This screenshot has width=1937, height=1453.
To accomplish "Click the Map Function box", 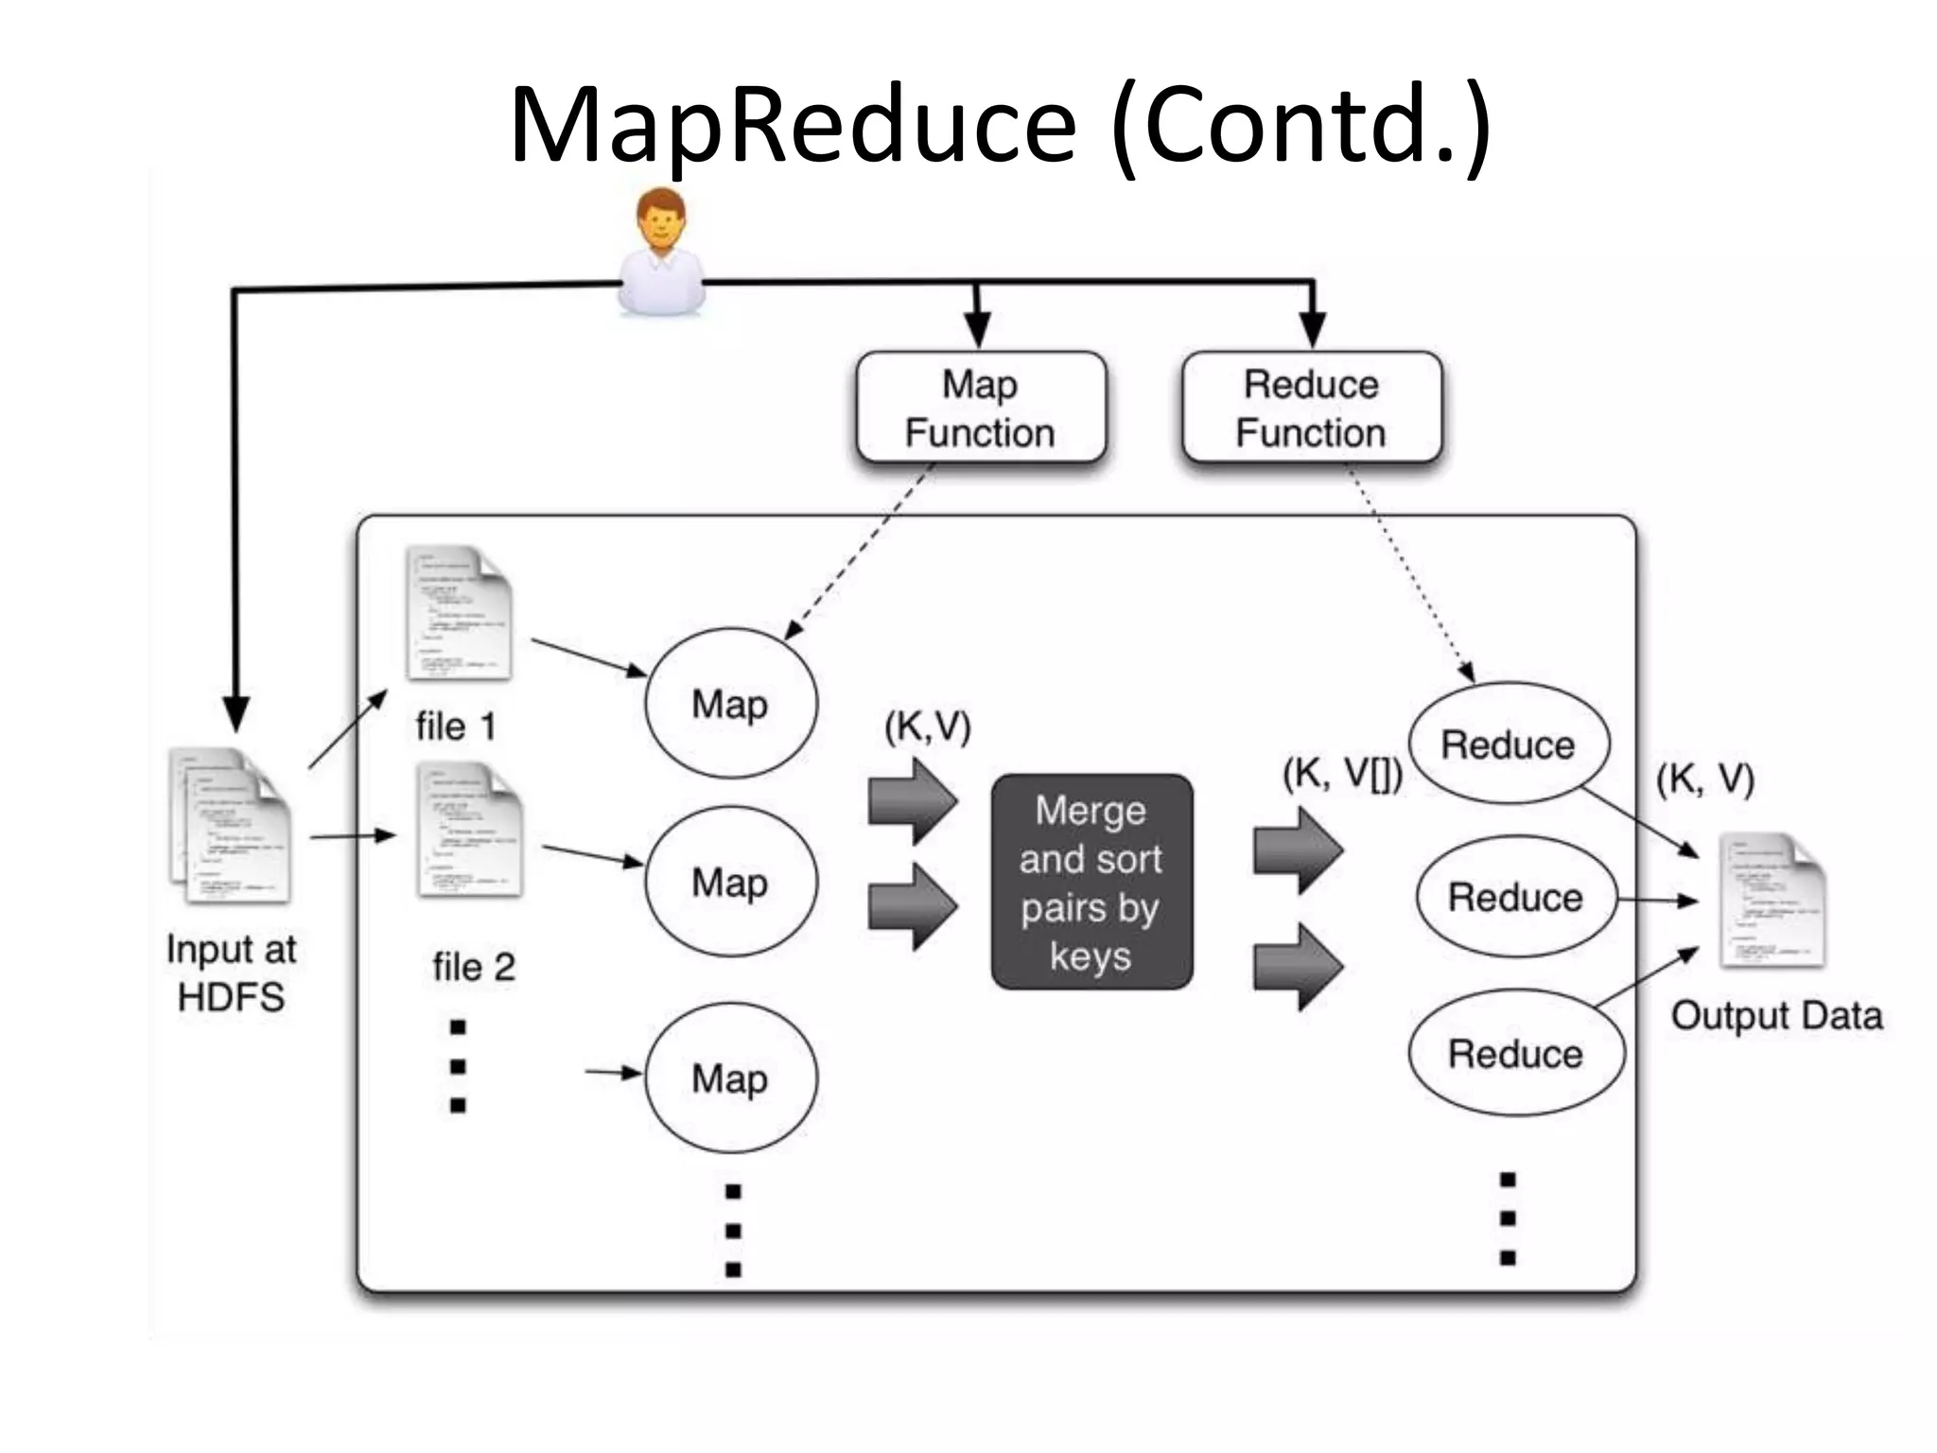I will point(981,408).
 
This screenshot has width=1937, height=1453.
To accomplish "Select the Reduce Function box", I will point(1311,408).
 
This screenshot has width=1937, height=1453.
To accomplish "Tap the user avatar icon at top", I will point(661,253).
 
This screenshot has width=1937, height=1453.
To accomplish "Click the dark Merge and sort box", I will point(1091,883).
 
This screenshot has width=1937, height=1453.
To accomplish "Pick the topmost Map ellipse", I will point(730,704).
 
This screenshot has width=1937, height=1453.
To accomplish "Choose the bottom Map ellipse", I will point(730,1078).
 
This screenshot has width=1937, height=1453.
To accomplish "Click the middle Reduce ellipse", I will point(1515,897).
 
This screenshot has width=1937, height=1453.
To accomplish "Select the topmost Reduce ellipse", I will point(1508,744).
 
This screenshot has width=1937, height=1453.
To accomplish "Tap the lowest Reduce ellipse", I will point(1515,1053).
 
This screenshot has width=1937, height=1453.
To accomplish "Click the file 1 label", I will point(456,726).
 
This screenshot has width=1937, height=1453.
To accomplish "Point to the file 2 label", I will point(474,967).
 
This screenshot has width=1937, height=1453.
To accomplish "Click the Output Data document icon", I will point(1771,901).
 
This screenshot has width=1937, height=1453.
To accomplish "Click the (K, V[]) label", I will point(1342,773).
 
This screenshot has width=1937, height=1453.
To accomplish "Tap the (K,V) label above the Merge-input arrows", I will point(928,726).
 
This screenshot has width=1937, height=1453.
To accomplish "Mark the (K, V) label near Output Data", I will point(1705,779).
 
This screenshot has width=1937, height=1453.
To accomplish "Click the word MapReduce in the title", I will point(793,125).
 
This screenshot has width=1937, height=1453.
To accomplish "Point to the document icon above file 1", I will point(459,613).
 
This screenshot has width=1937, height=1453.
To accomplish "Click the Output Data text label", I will point(1776,1016).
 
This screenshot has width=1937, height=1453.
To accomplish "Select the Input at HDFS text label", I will point(231,972).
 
